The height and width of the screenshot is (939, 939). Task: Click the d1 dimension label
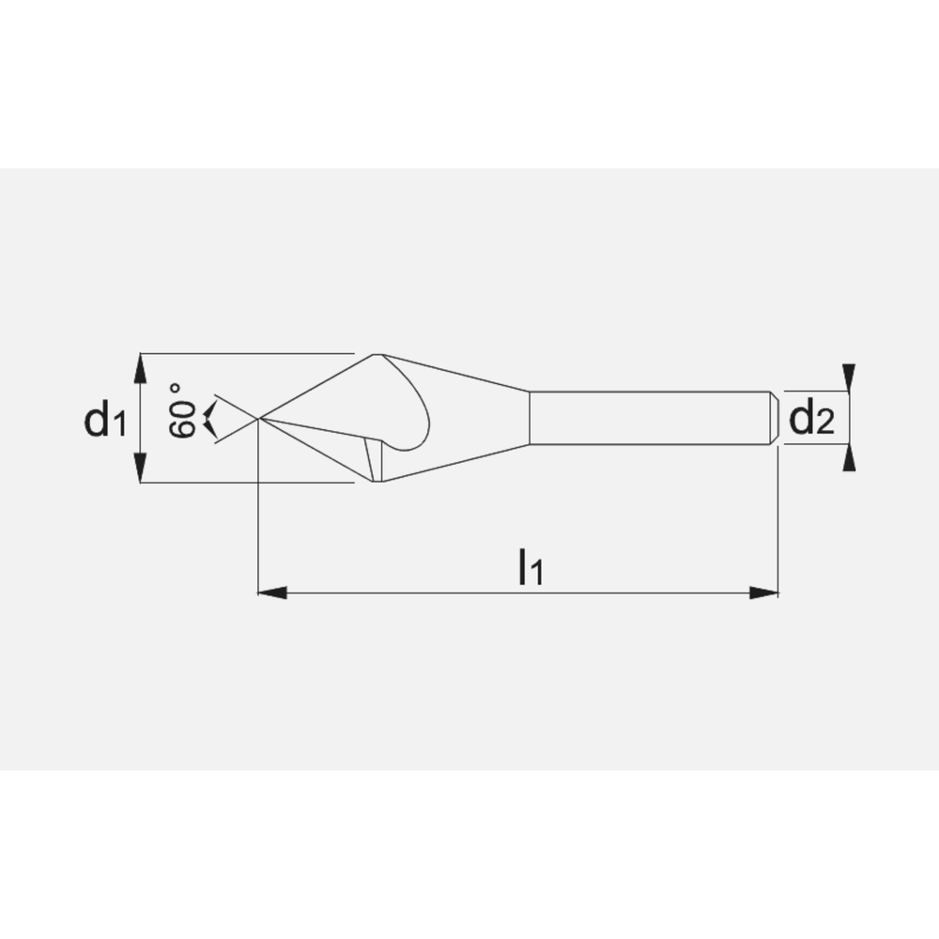coord(105,419)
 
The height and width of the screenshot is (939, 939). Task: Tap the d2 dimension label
coord(811,418)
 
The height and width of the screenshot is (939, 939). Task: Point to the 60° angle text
coord(182,411)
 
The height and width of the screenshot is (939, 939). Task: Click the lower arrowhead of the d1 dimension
coord(140,468)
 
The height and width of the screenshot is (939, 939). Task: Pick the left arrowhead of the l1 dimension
coord(272,593)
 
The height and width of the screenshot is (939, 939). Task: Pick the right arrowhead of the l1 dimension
coord(764,593)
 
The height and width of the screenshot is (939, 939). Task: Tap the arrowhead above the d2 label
coord(849,377)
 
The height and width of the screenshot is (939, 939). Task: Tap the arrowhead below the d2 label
coord(849,457)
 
